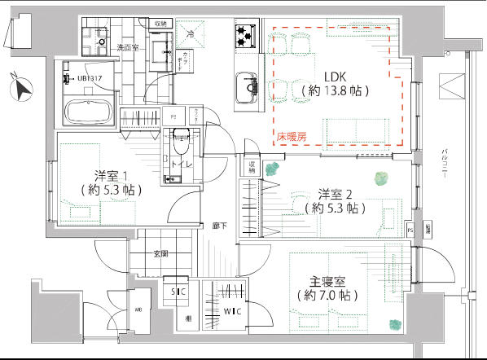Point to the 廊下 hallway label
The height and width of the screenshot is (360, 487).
(x=220, y=226)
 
